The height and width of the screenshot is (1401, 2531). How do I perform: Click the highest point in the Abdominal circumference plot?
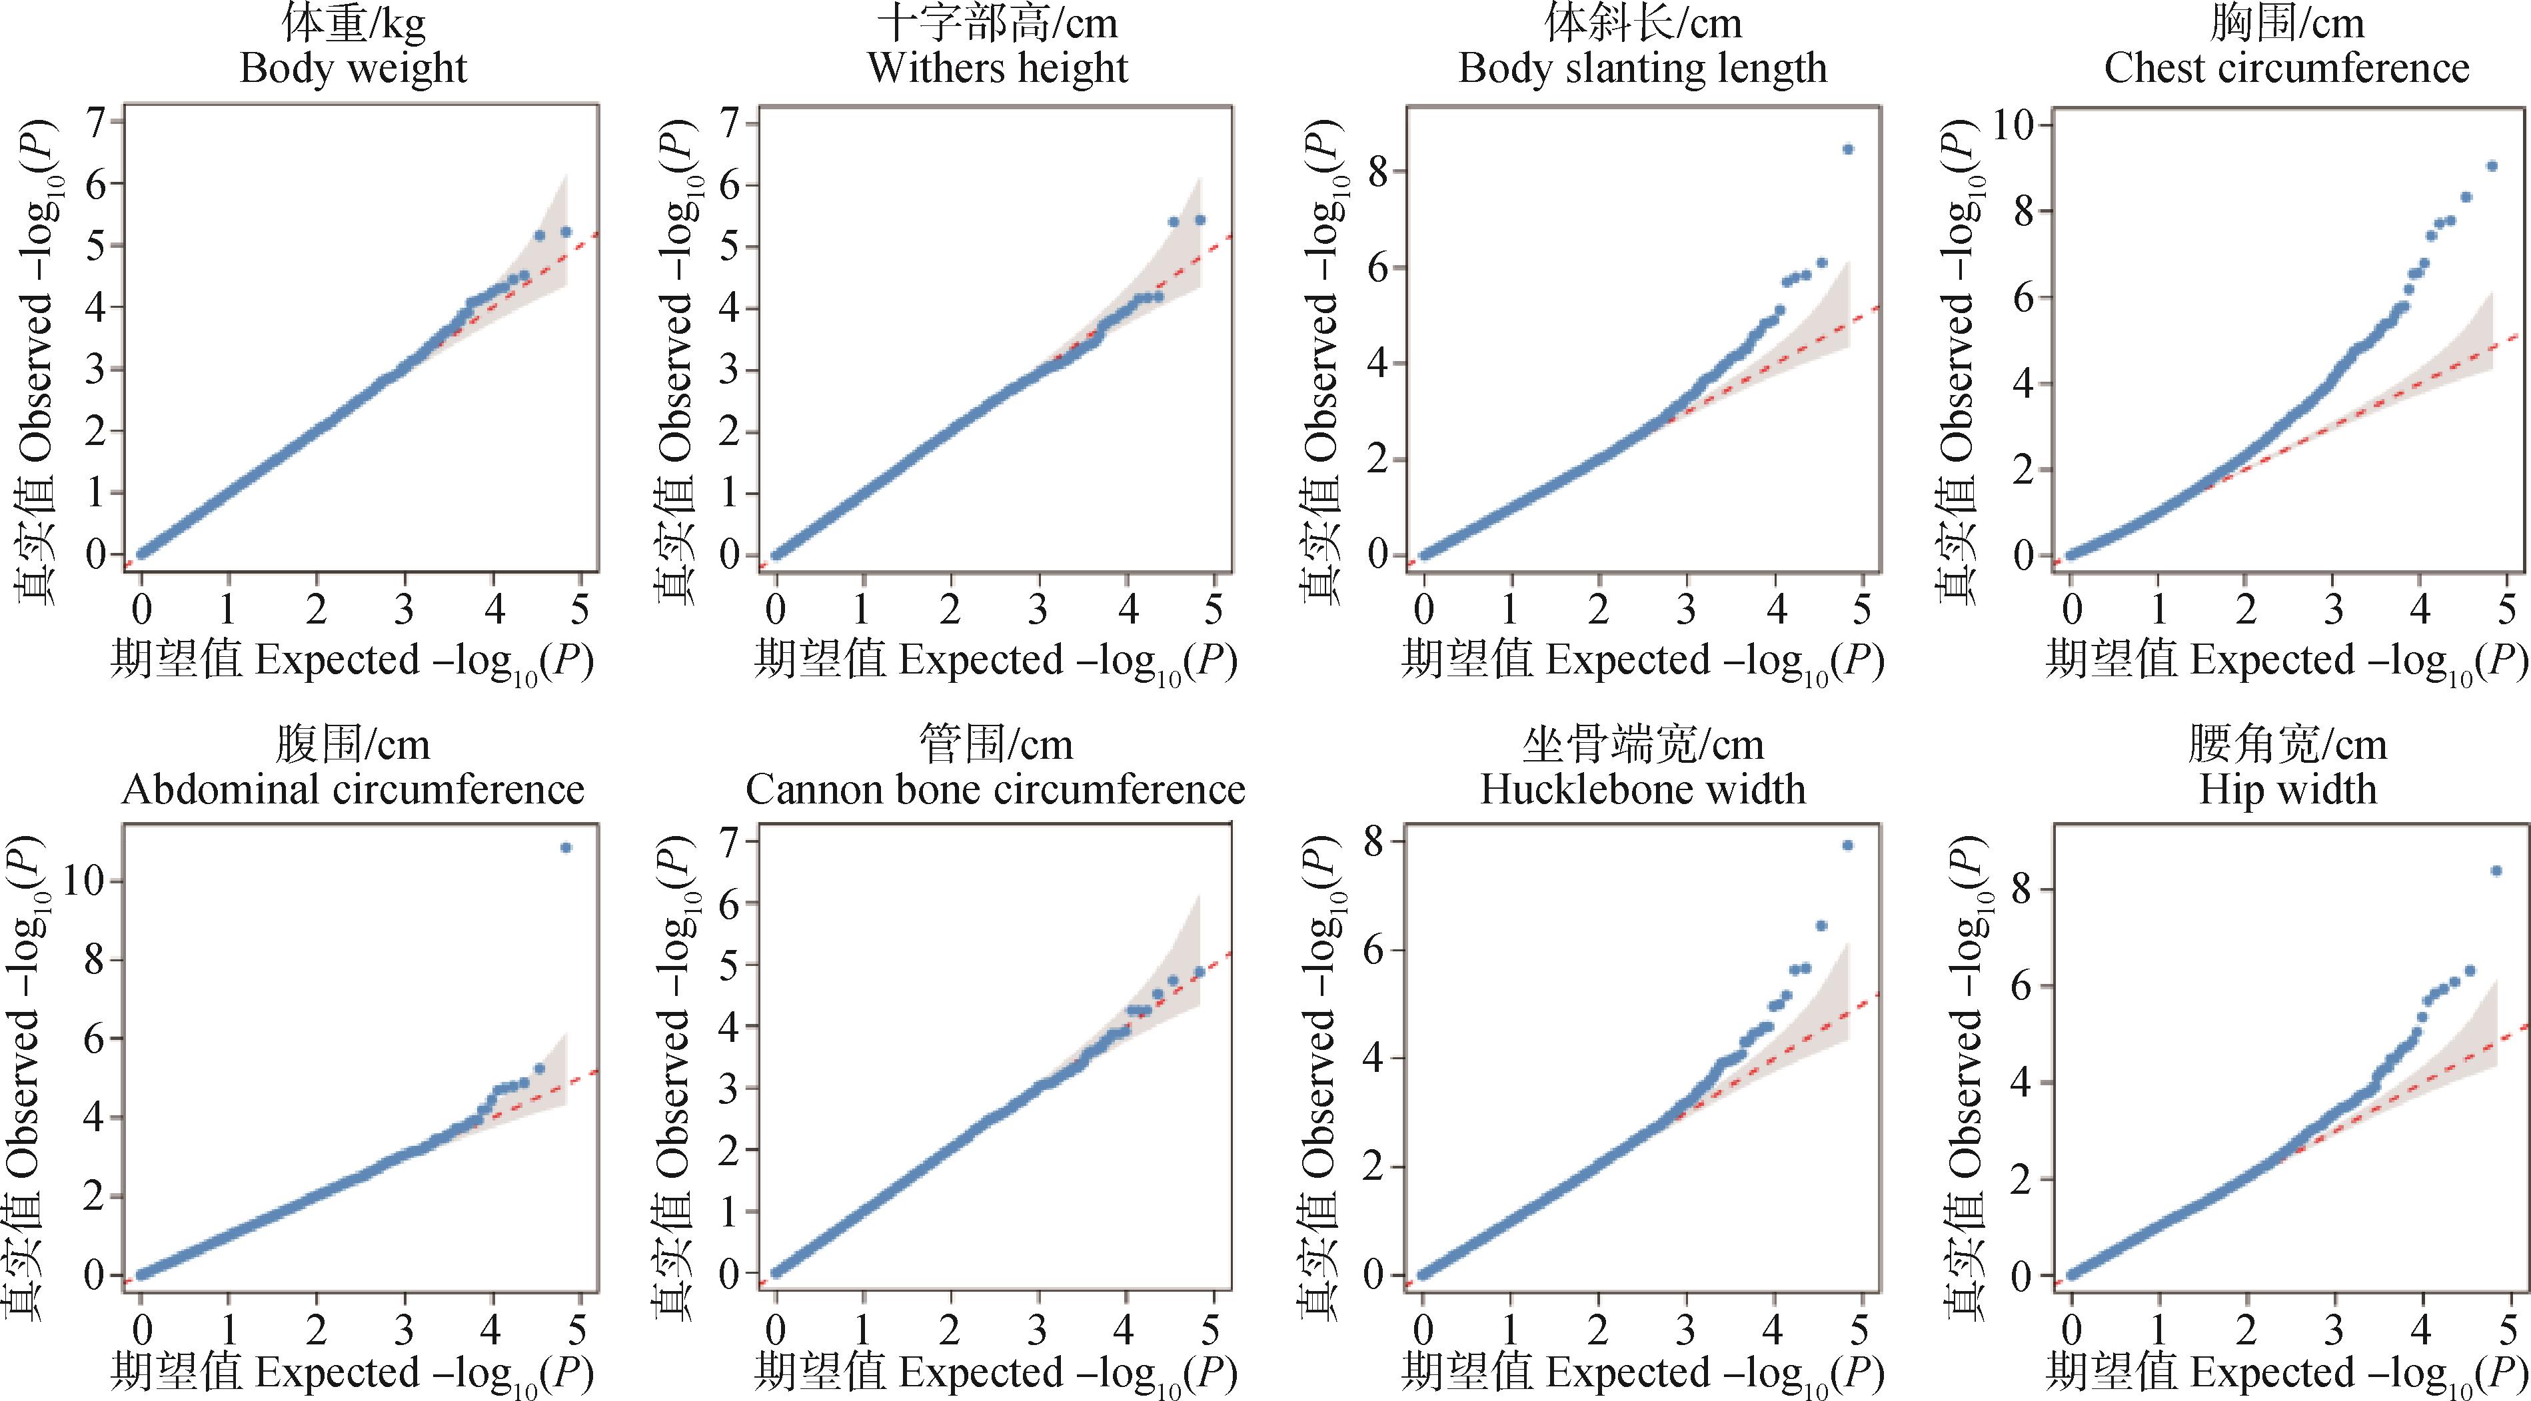pos(566,847)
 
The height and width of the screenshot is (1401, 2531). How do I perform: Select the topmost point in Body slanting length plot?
pos(1848,149)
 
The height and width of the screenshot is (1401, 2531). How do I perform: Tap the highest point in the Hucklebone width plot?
pos(1847,845)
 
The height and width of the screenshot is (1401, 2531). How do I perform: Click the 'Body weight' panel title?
pos(354,69)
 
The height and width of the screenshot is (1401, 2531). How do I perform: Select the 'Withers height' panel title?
pos(997,69)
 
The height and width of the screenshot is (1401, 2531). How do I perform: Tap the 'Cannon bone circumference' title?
pos(996,789)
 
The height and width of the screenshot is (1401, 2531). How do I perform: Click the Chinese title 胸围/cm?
pos(2287,23)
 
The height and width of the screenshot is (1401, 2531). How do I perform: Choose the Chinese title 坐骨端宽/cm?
pos(1643,745)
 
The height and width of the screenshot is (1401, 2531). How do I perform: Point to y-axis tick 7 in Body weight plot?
pos(95,122)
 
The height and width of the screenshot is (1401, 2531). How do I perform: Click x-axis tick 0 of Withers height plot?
pos(776,610)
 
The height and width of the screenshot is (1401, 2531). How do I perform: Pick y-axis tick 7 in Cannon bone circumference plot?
pos(730,842)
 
